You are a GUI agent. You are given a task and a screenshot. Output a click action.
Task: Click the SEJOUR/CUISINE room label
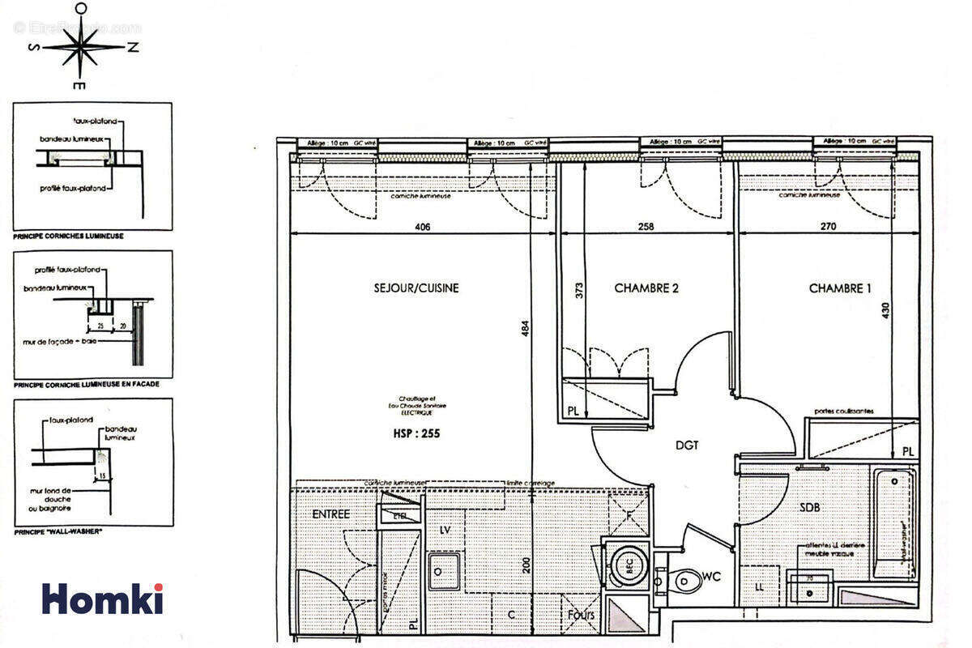416,288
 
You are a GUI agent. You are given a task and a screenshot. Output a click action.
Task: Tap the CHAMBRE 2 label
646,288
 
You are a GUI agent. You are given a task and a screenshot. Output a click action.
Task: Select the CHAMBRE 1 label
841,288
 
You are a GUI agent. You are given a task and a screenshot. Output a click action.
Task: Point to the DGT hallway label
687,445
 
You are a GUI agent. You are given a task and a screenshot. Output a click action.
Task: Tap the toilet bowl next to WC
686,580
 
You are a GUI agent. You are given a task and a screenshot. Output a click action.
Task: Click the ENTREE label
330,514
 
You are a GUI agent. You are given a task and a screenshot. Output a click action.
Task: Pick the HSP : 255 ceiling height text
416,433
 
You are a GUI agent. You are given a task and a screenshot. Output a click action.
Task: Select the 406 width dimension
422,228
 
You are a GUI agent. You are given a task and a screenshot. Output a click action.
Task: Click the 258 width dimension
646,228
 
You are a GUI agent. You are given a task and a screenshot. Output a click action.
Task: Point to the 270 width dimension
828,228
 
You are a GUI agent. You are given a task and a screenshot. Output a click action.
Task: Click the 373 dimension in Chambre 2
579,291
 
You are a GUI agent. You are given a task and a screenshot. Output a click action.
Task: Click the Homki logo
103,598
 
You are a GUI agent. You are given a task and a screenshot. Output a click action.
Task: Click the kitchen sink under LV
445,570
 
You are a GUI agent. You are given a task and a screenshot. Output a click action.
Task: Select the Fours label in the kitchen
581,615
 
